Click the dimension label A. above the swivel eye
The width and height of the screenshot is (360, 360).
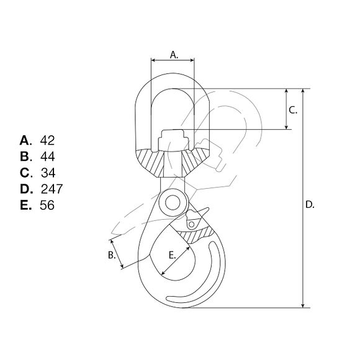pos(174,55)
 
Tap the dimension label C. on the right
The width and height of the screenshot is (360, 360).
pos(293,110)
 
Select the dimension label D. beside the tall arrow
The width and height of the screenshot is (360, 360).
pos(310,205)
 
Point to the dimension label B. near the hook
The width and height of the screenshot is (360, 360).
pos(112,255)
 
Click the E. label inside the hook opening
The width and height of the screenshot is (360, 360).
pos(172,255)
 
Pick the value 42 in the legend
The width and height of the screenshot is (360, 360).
pos(47,140)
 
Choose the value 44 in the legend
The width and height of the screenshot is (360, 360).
pos(48,156)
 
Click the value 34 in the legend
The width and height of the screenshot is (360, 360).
pos(48,173)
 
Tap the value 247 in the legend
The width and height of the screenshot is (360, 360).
pos(52,189)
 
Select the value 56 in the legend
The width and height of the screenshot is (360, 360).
pos(47,205)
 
